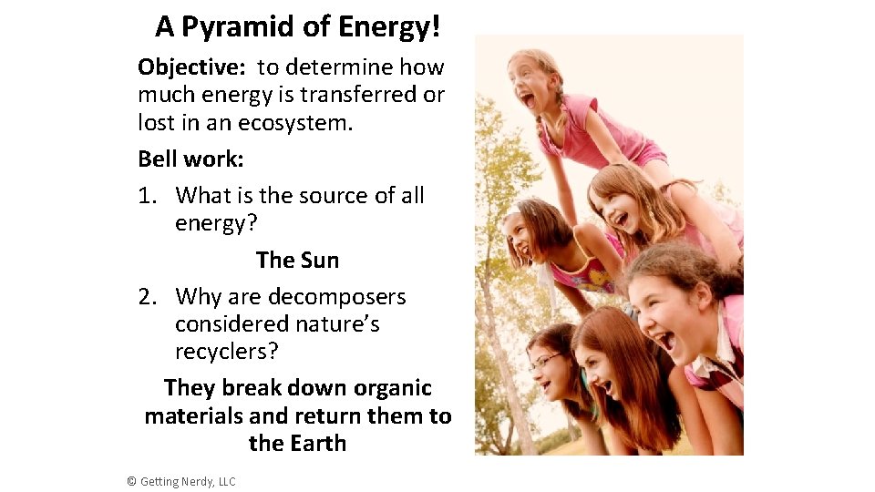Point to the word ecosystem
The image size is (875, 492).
pyautogui.click(x=295, y=123)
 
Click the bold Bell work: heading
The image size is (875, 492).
pyautogui.click(x=191, y=159)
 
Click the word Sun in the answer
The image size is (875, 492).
pyautogui.click(x=318, y=261)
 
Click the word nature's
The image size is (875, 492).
pyautogui.click(x=335, y=324)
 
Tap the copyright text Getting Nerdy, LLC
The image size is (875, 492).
pyautogui.click(x=188, y=481)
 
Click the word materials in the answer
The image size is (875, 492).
pyautogui.click(x=194, y=416)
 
